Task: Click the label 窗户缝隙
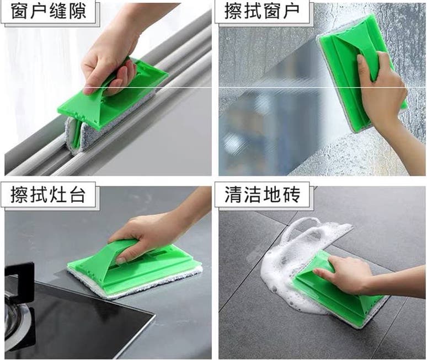[x=49, y=12]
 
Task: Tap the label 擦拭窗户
[x=262, y=12]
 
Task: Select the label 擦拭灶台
[x=48, y=194]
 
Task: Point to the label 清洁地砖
[x=262, y=194]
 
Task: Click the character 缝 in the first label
[x=58, y=12]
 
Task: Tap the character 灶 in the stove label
[x=58, y=194]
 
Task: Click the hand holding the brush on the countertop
[x=152, y=234]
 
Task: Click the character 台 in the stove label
[x=77, y=194]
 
